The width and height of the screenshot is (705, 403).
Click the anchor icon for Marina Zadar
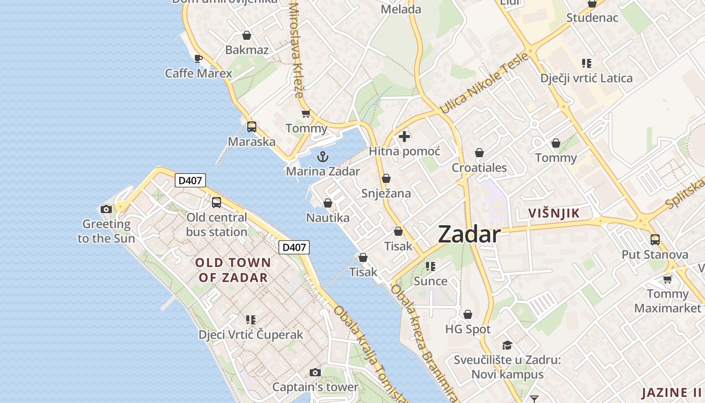pos(323,157)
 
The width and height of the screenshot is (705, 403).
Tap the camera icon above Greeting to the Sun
pos(106,209)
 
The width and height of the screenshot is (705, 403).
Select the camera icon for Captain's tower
pos(315,372)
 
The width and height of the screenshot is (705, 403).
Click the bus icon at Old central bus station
pos(217,203)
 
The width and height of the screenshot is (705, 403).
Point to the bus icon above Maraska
pos(252,127)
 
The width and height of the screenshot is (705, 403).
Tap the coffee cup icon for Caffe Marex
pos(198,58)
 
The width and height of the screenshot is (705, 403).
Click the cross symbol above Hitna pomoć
pos(404,137)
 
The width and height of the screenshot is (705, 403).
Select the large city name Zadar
pos(469,234)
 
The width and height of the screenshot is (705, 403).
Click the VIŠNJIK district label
pos(554,213)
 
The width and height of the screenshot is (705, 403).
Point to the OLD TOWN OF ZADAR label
pos(233,270)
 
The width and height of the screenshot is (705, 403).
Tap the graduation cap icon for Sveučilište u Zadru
pos(507,345)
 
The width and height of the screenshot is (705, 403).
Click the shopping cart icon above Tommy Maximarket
pos(668,279)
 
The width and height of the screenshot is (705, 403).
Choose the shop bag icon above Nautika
pos(328,203)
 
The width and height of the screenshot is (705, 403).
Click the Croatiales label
pos(479,168)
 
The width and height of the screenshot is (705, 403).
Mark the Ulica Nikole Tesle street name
pos(484,83)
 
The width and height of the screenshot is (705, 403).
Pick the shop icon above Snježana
pos(386,178)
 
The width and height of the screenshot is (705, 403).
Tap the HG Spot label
pos(468,329)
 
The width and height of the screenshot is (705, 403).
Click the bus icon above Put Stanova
pos(655,240)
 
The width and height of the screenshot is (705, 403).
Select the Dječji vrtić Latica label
pos(586,78)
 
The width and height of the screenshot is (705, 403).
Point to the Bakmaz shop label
pos(247,50)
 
